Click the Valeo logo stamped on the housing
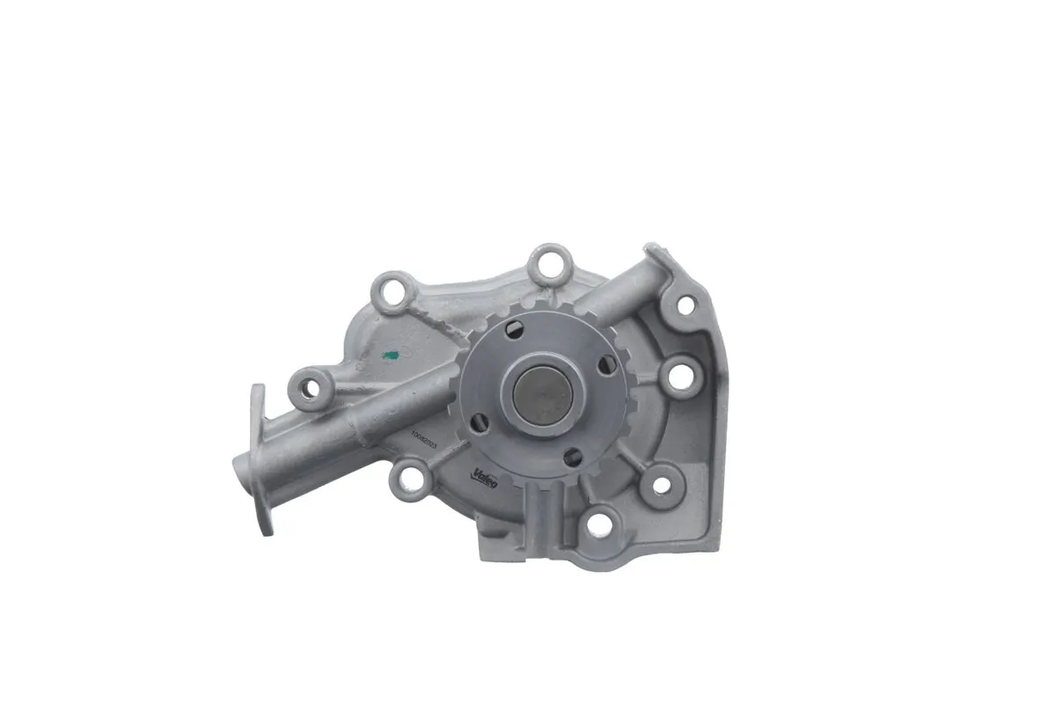click(x=486, y=476)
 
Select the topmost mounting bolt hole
click(x=551, y=261)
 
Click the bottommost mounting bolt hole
click(x=600, y=524)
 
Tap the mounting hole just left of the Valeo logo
click(x=409, y=477)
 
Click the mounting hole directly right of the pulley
click(x=679, y=378)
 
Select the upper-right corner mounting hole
click(x=684, y=305)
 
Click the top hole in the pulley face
click(x=516, y=330)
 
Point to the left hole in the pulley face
click(x=479, y=424)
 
